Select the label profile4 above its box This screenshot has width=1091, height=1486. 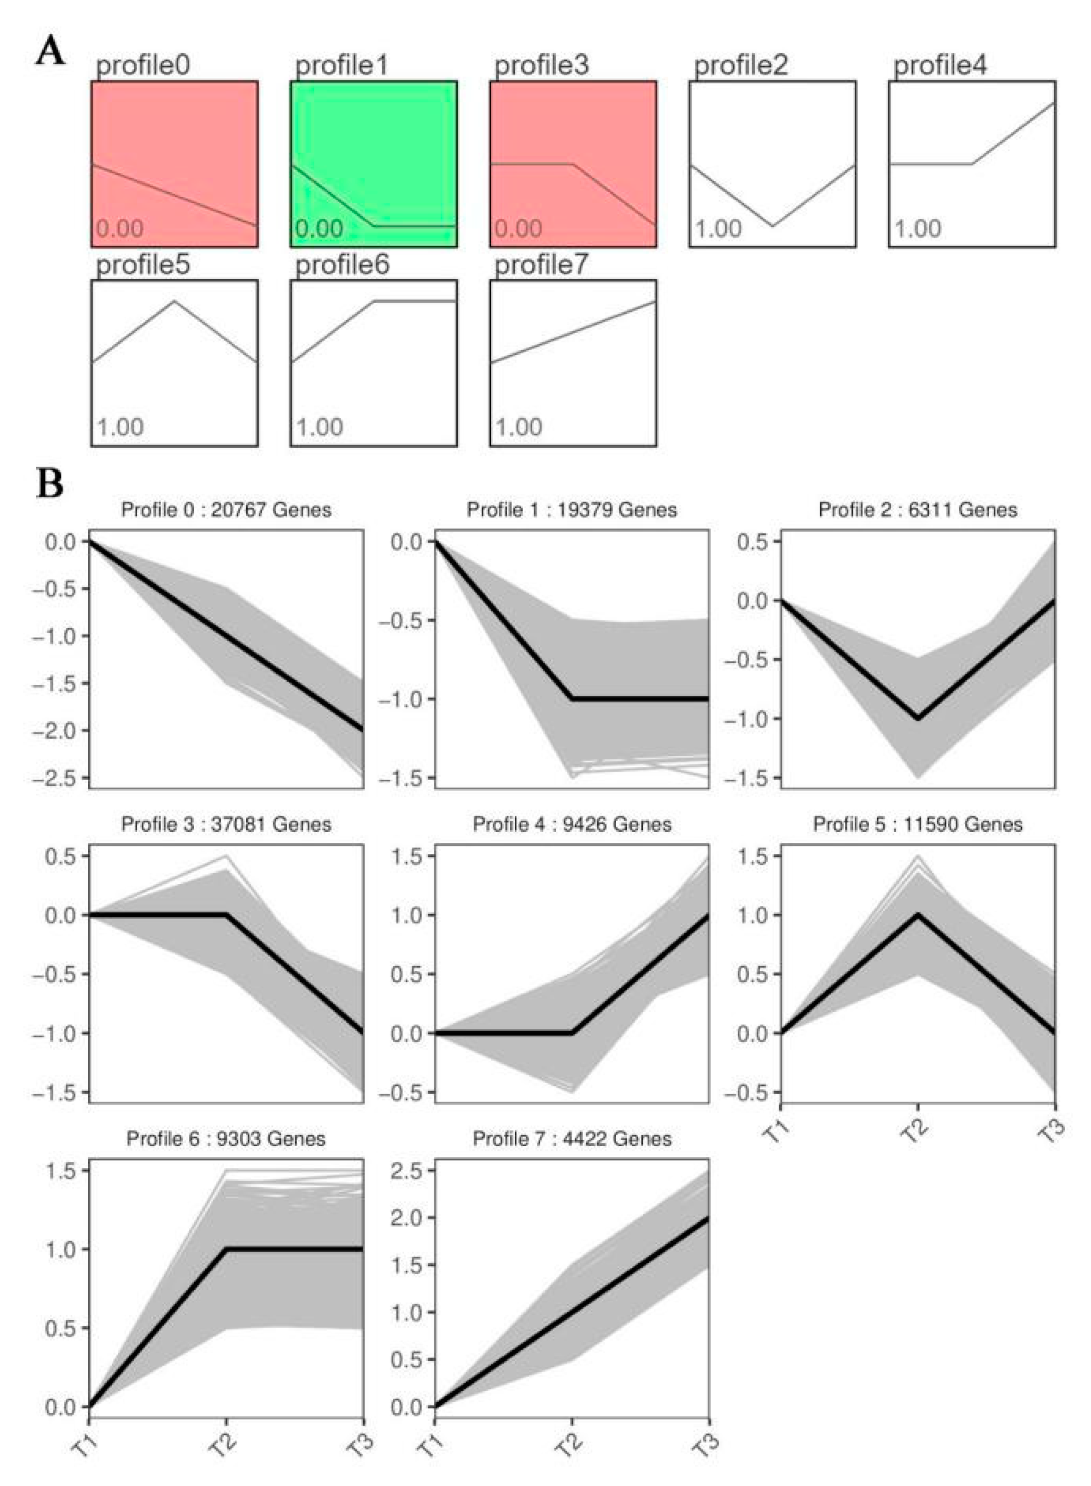940,66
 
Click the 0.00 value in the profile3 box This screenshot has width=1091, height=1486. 518,229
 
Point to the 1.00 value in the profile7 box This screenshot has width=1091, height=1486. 518,427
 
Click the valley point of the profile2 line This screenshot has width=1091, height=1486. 772,226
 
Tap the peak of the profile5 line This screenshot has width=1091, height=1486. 174,301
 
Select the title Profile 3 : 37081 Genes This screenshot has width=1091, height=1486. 226,824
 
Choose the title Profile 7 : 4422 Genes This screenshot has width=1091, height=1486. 572,1139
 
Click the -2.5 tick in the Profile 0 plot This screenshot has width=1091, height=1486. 61,777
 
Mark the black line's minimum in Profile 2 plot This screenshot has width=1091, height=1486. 918,718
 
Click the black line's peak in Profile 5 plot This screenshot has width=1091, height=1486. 918,915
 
